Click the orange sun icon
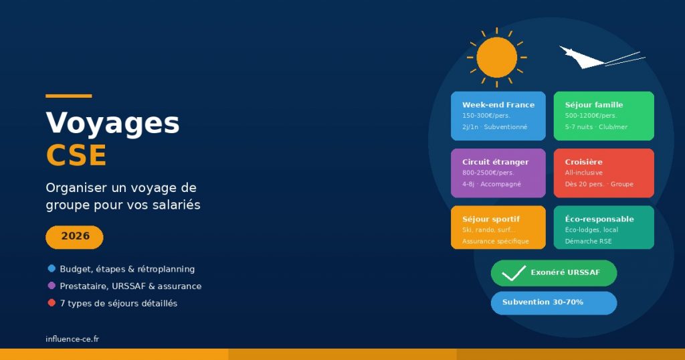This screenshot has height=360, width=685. pos(497,58)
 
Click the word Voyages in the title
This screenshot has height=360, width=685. pos(112,123)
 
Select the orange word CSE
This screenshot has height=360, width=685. pos(76,156)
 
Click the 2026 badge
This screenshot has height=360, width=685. pos(74,236)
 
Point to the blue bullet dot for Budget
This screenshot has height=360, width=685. pos(52,268)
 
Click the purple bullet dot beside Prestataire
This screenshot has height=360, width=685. pos(52,286)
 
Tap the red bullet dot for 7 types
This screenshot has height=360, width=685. pos(52,303)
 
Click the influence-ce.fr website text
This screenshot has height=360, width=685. pos(72,339)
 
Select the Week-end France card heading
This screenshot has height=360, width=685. pos(498,105)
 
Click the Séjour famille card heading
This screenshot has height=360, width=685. pos(593,105)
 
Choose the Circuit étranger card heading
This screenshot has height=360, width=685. pos(495,162)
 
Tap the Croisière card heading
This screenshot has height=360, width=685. pos(583,162)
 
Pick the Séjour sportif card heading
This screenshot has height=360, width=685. pos(490,219)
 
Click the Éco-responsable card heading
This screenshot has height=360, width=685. pos(599,219)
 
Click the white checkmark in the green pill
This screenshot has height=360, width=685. pos(513,273)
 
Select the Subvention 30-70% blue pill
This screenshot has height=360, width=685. pos(553,302)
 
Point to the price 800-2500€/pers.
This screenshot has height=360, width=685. pos(488,173)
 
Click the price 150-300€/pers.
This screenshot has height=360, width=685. pos(486,116)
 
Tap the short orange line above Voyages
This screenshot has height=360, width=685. pos(68,96)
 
